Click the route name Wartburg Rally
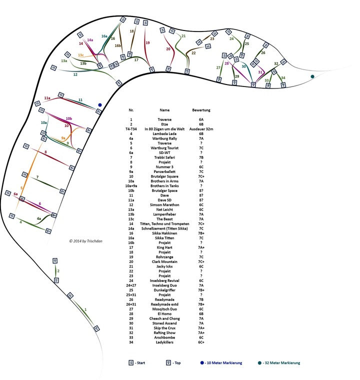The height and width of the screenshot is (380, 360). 165,138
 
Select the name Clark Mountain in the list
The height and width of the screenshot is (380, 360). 165,261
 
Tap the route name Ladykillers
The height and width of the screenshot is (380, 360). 165,342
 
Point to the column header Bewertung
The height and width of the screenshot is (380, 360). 201,109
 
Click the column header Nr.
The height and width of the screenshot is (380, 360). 131,109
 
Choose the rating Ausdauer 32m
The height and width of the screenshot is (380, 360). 201,129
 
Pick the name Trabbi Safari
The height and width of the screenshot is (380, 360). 165,157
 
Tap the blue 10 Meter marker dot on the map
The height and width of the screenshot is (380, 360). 100,105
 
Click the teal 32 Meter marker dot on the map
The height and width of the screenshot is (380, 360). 312,76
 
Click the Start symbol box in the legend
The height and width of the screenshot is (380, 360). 131,363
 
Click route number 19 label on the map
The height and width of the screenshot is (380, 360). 147,43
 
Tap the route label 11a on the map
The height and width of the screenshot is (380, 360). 47,98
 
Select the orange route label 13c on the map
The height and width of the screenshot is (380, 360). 80,54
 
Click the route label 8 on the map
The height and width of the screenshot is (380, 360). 45,152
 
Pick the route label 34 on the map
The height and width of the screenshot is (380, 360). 283,77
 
